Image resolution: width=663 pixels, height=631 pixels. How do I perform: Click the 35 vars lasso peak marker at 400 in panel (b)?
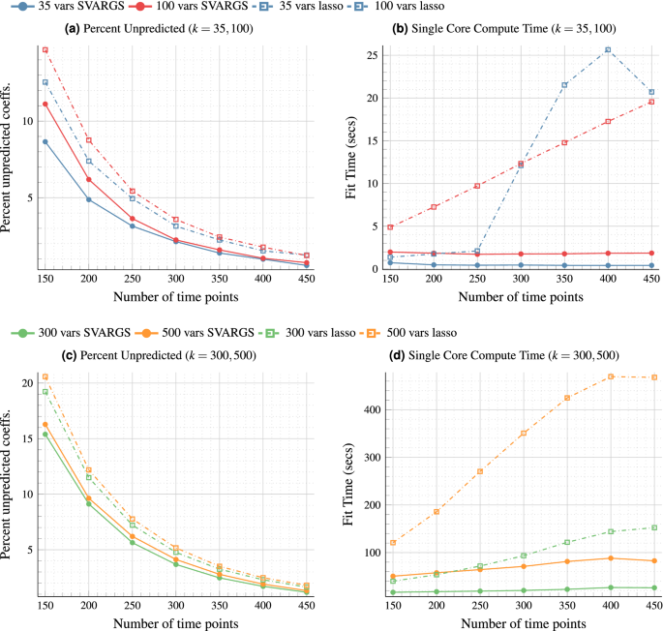pyautogui.click(x=608, y=49)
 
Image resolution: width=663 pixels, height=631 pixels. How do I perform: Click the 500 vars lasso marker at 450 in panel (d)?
pyautogui.click(x=652, y=377)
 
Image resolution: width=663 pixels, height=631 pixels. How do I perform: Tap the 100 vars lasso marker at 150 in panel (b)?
pyautogui.click(x=389, y=227)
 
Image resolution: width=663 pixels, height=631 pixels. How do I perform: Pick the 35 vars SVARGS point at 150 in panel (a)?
pyautogui.click(x=45, y=141)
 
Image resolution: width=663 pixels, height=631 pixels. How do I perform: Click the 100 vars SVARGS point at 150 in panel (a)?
pyautogui.click(x=45, y=104)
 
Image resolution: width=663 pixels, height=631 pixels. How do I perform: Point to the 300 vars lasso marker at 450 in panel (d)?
pyautogui.click(x=652, y=527)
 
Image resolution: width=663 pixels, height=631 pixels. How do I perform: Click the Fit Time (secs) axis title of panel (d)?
pyautogui.click(x=349, y=485)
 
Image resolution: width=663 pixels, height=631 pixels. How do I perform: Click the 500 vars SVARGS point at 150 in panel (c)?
pyautogui.click(x=45, y=424)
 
